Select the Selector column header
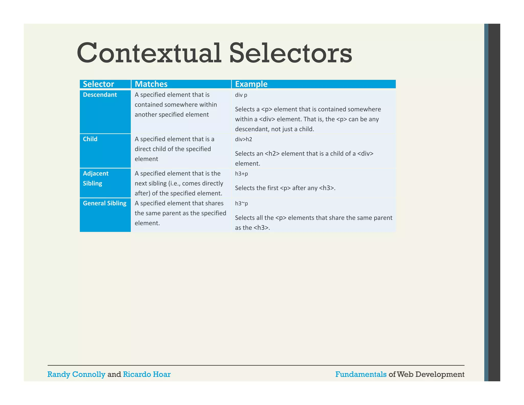[98, 84]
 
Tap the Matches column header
[151, 84]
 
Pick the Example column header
[251, 84]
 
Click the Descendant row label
[100, 95]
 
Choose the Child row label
[90, 139]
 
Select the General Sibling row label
[104, 203]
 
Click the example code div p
[241, 95]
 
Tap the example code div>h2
[243, 139]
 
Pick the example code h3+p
[241, 174]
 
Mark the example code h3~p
[241, 204]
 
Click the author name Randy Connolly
[76, 374]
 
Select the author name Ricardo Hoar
[147, 374]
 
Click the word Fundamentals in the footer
[361, 374]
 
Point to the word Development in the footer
[440, 374]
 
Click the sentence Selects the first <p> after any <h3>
[285, 188]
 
